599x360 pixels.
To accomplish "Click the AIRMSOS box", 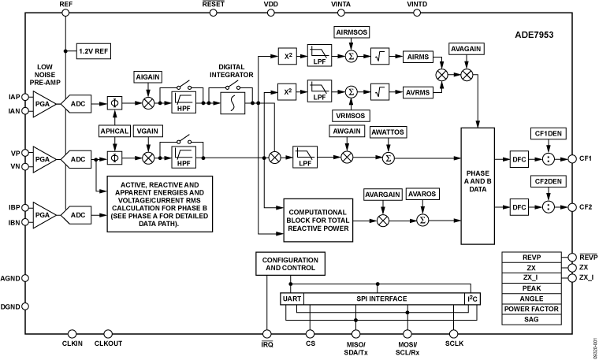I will [351, 32].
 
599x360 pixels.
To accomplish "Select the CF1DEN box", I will [548, 133].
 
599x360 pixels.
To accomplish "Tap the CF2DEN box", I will [548, 181].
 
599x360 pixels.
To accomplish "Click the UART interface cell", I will [292, 299].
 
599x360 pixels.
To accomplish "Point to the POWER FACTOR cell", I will [530, 309].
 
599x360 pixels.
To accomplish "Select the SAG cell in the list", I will [530, 320].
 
